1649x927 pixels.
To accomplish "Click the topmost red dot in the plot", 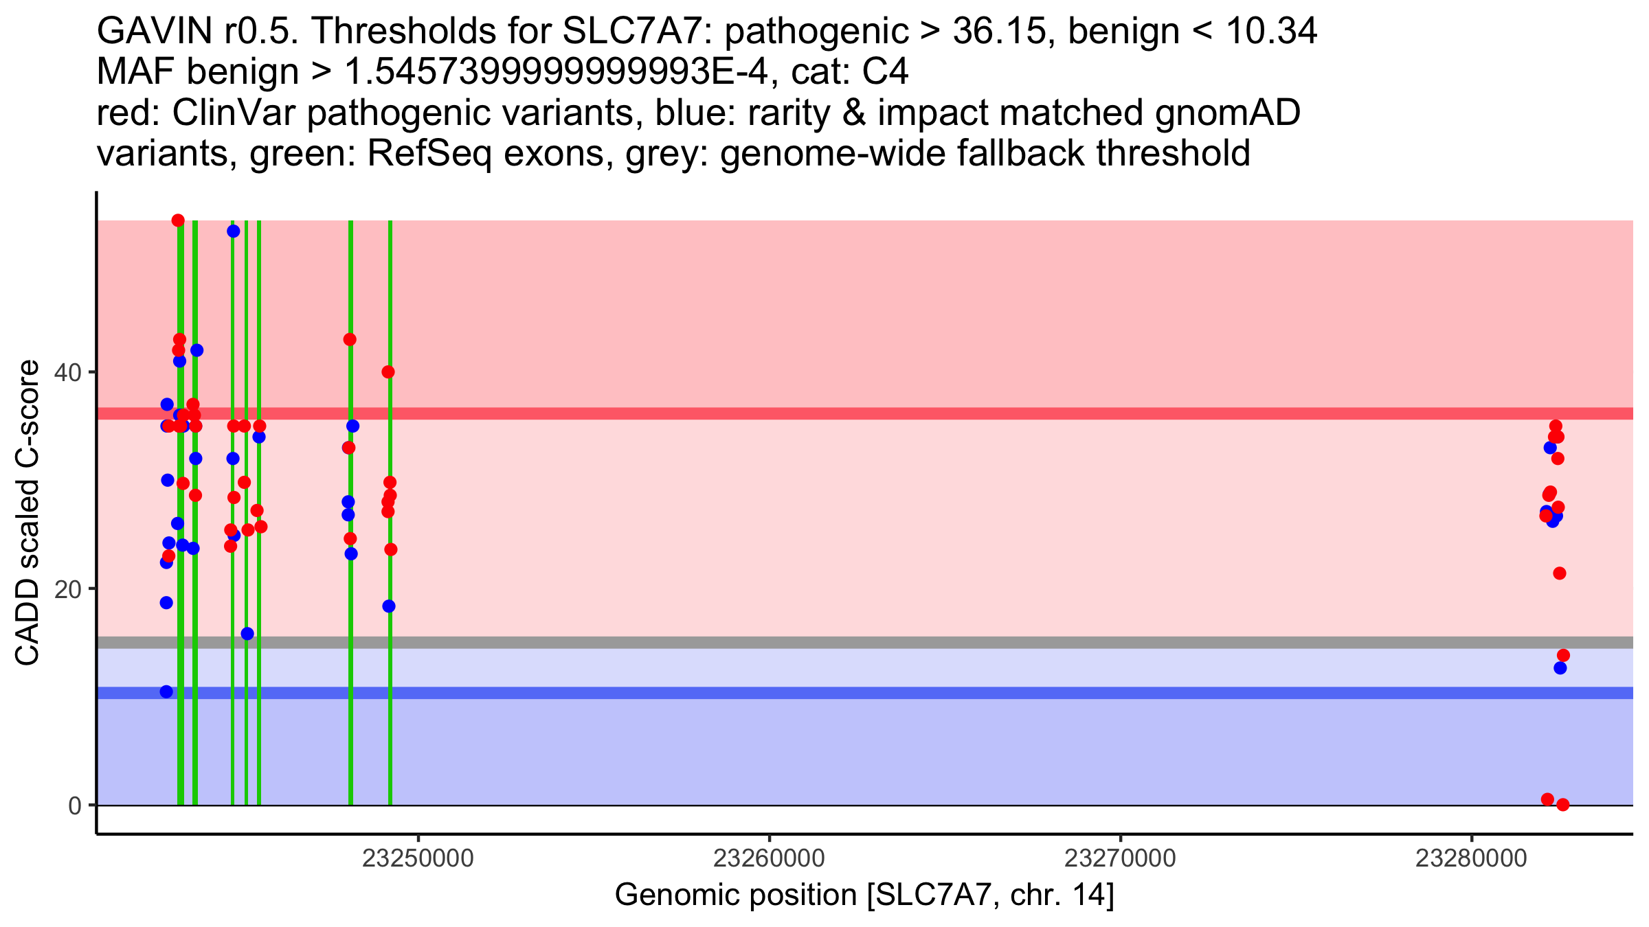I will pyautogui.click(x=178, y=220).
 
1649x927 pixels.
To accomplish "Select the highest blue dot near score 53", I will pyautogui.click(x=234, y=231).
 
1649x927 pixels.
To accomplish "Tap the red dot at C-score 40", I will pyautogui.click(x=388, y=372).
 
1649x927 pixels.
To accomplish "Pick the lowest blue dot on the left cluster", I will pyautogui.click(x=166, y=691).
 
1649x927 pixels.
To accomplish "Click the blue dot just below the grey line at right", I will pyautogui.click(x=1560, y=667).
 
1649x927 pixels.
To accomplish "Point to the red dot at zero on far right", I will pyautogui.click(x=1563, y=805).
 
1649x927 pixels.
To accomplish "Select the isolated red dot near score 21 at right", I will pyautogui.click(x=1560, y=573).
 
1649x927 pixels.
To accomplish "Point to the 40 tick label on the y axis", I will pyautogui.click(x=67, y=373).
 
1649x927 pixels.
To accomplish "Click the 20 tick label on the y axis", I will pyautogui.click(x=67, y=589).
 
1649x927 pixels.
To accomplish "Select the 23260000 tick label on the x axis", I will pyautogui.click(x=769, y=858).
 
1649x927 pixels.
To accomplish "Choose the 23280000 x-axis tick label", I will pyautogui.click(x=1471, y=858).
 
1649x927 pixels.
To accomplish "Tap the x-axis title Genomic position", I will pyautogui.click(x=864, y=895).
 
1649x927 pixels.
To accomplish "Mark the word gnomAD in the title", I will pyautogui.click(x=1227, y=113).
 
